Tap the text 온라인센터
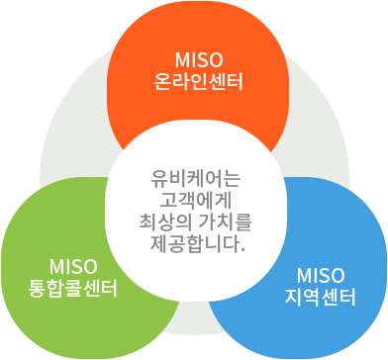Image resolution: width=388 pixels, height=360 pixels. pos(194,78)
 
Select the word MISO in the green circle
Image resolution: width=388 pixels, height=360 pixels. pos(72,267)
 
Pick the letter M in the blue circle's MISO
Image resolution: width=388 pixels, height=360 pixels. pos(300,273)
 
